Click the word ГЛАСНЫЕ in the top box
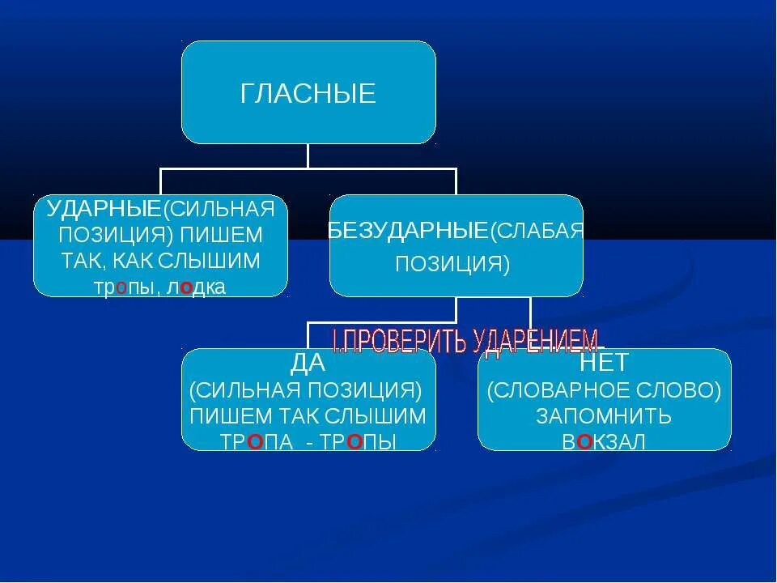[x=308, y=94]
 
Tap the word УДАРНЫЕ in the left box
[x=103, y=209]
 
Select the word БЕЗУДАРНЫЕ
[x=409, y=231]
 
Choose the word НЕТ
[x=604, y=363]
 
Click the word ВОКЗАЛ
[x=604, y=442]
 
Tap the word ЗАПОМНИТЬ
[x=604, y=416]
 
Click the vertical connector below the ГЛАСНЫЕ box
[x=308, y=155]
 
